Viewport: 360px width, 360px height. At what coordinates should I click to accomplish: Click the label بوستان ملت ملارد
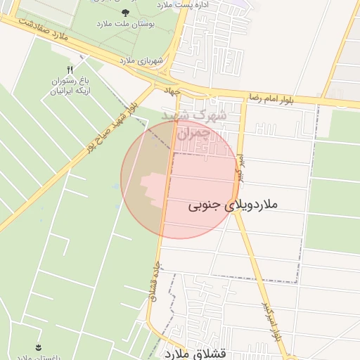tap(125, 24)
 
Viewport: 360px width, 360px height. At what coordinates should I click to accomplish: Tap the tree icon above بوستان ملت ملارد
tap(126, 13)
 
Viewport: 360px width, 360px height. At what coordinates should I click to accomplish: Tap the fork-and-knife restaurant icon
tap(69, 69)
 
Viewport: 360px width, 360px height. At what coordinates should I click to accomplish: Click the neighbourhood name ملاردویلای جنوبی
tap(233, 205)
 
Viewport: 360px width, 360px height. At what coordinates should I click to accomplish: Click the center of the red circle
tap(179, 179)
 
